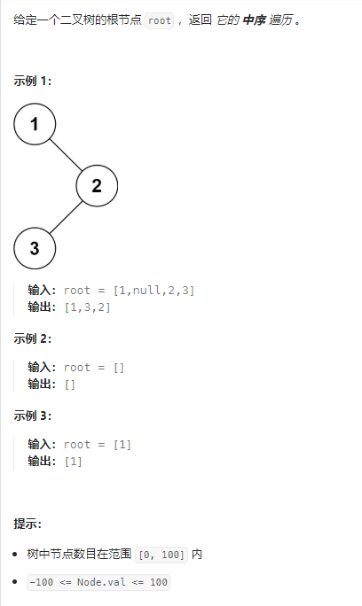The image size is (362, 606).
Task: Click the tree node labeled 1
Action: pyautogui.click(x=35, y=124)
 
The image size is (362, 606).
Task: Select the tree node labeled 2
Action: pyautogui.click(x=97, y=186)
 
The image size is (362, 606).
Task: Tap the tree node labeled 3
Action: pyautogui.click(x=35, y=248)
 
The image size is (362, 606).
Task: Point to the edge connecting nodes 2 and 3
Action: pyautogui.click(x=66, y=218)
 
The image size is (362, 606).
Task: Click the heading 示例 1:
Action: pyautogui.click(x=32, y=82)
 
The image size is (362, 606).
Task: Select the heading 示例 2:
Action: pyautogui.click(x=32, y=338)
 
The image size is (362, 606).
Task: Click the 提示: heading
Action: pyautogui.click(x=28, y=524)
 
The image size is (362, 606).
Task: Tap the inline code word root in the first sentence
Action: pyautogui.click(x=160, y=21)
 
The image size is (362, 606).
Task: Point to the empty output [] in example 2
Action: pyautogui.click(x=70, y=384)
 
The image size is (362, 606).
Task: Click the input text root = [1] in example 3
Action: pyautogui.click(x=98, y=445)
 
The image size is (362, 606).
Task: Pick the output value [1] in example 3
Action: pyautogui.click(x=74, y=461)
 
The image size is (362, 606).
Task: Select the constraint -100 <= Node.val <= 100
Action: pyautogui.click(x=98, y=582)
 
